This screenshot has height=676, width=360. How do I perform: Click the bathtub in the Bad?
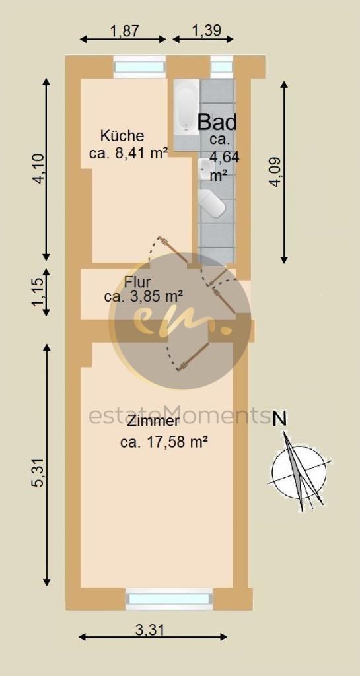pyautogui.click(x=186, y=107)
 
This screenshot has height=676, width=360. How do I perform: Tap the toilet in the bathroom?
pyautogui.click(x=212, y=203)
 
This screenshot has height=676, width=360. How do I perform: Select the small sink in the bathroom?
pyautogui.click(x=203, y=169)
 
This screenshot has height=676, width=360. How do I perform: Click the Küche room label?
pyautogui.click(x=122, y=136)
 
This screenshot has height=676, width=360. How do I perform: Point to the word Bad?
pyautogui.click(x=217, y=122)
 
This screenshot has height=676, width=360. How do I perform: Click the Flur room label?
pyautogui.click(x=137, y=283)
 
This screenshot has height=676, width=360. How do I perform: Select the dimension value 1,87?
pyautogui.click(x=122, y=30)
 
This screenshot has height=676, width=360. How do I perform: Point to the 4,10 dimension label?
pyautogui.click(x=39, y=169)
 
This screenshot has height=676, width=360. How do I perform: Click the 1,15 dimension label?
pyautogui.click(x=38, y=292)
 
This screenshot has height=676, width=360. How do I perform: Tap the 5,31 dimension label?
pyautogui.click(x=38, y=473)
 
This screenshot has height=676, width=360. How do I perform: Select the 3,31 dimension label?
pyautogui.click(x=149, y=630)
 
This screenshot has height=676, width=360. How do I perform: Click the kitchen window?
pyautogui.click(x=139, y=67)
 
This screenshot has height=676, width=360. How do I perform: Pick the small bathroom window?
pyautogui.click(x=221, y=67)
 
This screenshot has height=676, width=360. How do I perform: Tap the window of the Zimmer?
pyautogui.click(x=170, y=598)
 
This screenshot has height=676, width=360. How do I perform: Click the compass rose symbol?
pyautogui.click(x=299, y=471)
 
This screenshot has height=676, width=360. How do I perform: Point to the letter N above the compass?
pyautogui.click(x=280, y=419)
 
